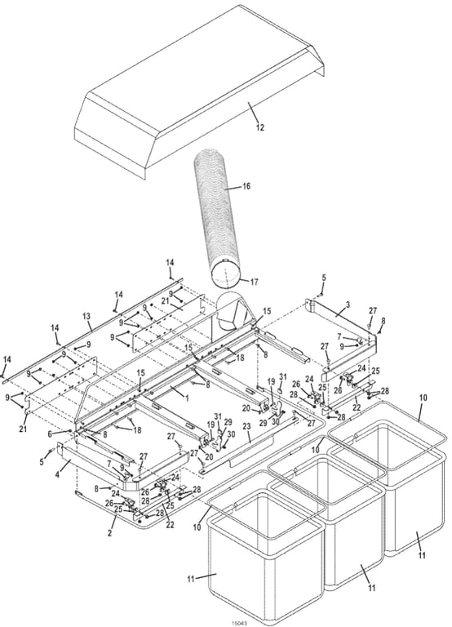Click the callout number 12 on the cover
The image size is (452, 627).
point(260,127)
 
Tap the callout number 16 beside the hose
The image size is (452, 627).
point(246,186)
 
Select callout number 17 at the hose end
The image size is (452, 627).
point(255,282)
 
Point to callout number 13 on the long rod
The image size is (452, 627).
point(86,316)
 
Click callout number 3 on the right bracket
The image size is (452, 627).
point(348,305)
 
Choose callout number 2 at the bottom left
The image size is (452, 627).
point(110,533)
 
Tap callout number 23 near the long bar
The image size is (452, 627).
point(246,427)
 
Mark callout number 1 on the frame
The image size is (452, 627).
point(186,398)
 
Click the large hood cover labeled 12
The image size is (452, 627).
point(199,91)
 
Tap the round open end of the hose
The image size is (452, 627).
point(226,273)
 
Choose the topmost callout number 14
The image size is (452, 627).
point(171,262)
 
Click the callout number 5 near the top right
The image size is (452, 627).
point(324,277)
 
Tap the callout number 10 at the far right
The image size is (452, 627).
point(423,398)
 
